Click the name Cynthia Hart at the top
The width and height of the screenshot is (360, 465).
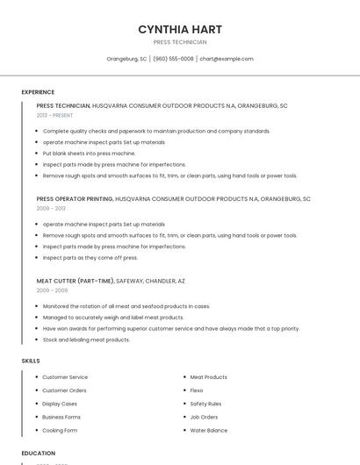[x=180, y=29]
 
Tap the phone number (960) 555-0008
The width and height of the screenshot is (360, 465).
[x=173, y=59]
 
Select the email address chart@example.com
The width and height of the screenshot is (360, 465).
[x=227, y=59]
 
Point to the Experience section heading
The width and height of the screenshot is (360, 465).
[x=38, y=92]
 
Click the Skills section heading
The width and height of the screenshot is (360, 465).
[x=31, y=361]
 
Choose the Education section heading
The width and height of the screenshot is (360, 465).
[x=39, y=453]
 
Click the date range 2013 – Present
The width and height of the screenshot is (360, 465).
[x=55, y=115]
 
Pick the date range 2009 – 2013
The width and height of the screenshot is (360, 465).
[x=51, y=209]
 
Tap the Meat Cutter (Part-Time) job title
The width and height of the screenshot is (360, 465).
[x=75, y=281]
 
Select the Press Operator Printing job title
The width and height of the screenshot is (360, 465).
[x=75, y=199]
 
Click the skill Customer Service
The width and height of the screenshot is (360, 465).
[x=65, y=377]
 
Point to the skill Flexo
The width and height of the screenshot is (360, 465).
[x=197, y=390]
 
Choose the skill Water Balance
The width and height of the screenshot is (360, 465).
[x=209, y=431]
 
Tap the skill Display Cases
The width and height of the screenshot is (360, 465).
[x=60, y=404]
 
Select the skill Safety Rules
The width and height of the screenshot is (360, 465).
[x=205, y=404]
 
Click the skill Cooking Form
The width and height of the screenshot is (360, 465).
[x=60, y=431]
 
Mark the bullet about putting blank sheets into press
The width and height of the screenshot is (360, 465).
[x=89, y=154]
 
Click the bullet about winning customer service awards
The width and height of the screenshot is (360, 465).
[x=170, y=328]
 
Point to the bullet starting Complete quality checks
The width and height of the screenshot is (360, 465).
[x=156, y=131]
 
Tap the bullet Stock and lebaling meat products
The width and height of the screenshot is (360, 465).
[x=86, y=340]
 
